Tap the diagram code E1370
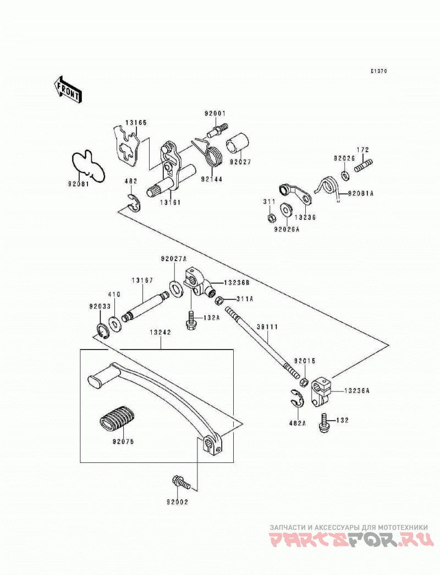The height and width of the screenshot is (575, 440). (378, 71)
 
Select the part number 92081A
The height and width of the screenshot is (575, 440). (361, 193)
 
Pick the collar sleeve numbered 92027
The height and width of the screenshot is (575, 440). (239, 146)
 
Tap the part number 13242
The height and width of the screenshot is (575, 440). (161, 333)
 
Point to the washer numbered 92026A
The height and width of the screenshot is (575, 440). (286, 209)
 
